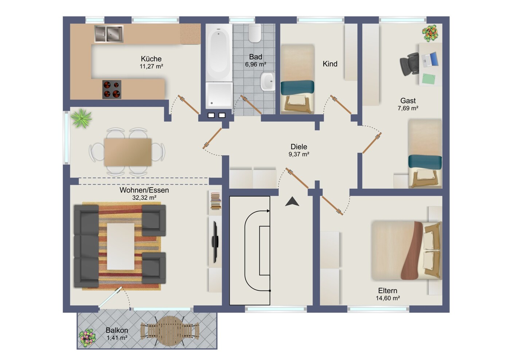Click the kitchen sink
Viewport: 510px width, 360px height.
[x=109, y=34]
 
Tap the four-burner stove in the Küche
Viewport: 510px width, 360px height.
[x=112, y=89]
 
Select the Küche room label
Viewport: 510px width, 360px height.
[x=151, y=59]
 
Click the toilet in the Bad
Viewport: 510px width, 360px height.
[x=255, y=33]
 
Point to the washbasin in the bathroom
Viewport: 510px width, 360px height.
[x=268, y=82]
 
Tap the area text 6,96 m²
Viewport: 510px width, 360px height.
[x=256, y=64]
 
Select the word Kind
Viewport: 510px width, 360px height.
[x=330, y=64]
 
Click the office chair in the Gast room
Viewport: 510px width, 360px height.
[x=409, y=64]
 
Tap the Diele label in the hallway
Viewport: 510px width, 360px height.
[x=299, y=146]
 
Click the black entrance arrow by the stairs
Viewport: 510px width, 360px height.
[x=292, y=201]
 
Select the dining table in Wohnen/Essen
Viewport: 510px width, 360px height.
[x=128, y=152]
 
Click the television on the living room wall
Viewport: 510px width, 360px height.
[x=215, y=242]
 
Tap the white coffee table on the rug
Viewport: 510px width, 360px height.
[x=120, y=246]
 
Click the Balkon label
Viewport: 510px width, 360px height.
[x=117, y=330]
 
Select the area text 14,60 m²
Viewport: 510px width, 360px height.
[x=388, y=298]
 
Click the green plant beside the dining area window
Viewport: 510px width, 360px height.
[x=81, y=118]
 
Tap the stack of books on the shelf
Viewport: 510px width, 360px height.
[x=215, y=201]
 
